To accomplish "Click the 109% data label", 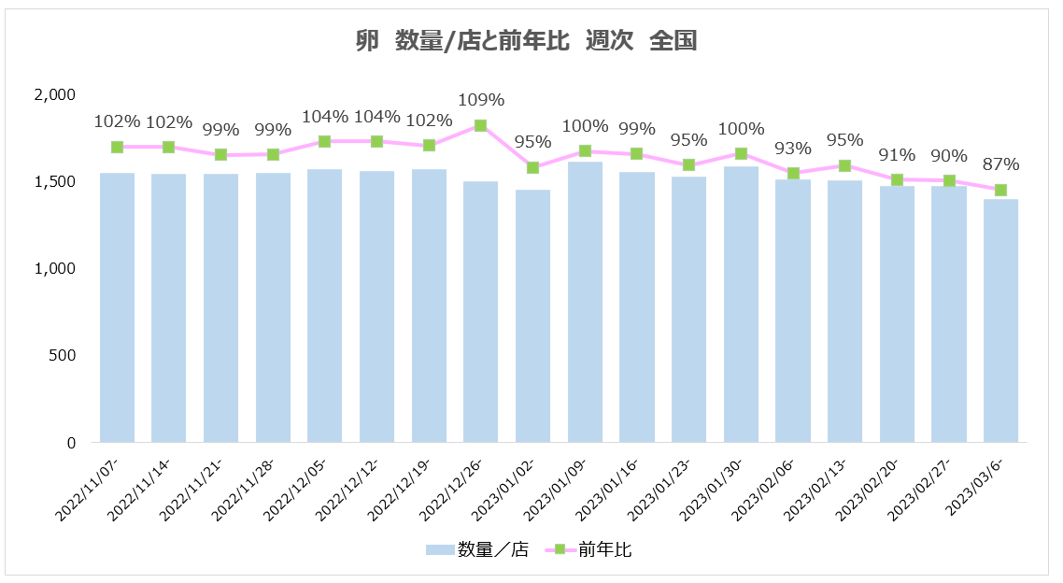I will tap(480, 100).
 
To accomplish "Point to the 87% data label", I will tap(1000, 164).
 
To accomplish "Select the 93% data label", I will tap(792, 148).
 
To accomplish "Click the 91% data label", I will tap(897, 155).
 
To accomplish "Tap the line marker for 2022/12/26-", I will tap(480, 125).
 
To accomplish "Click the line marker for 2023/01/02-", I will tap(532, 167).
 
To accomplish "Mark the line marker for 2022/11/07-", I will tap(117, 147).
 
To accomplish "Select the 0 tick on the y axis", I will tap(70, 442).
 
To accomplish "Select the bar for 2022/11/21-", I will tap(220, 307).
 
